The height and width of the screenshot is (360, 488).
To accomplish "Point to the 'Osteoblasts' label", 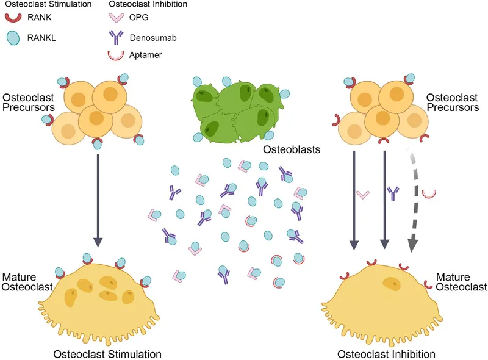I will (x=287, y=149).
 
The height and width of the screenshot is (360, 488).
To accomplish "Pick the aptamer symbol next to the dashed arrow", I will (x=429, y=193).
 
